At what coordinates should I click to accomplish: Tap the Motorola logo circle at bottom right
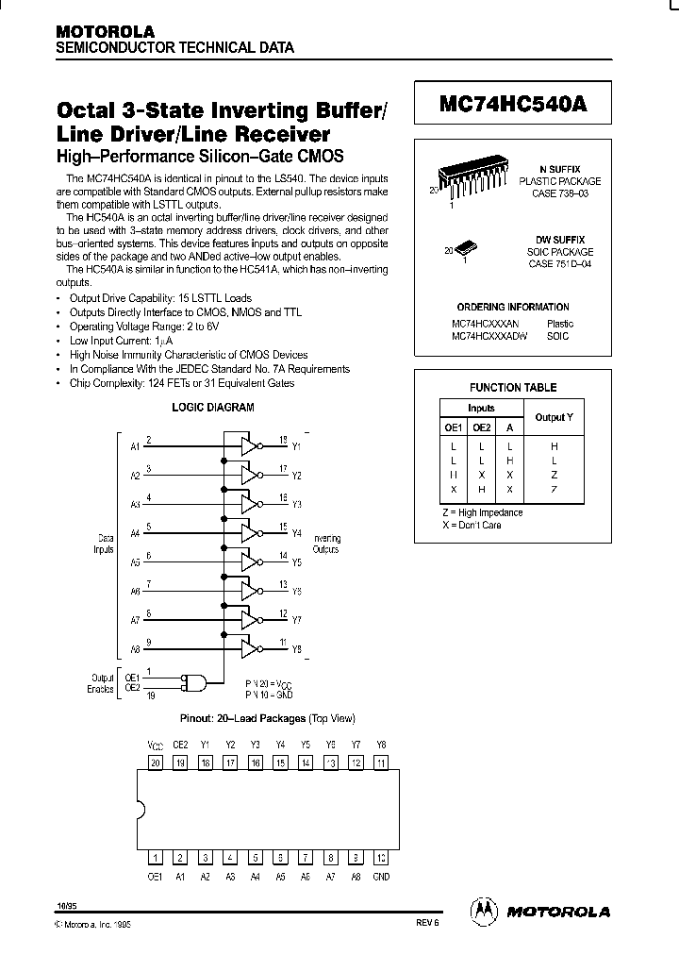(x=483, y=911)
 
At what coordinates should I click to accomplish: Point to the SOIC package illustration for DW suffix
(x=469, y=248)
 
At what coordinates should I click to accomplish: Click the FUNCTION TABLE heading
(x=513, y=387)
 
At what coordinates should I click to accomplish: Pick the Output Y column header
(x=554, y=417)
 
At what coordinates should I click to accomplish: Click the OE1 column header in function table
(x=454, y=427)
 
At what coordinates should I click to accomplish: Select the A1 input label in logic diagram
(x=135, y=446)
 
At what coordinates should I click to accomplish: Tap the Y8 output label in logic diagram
(x=296, y=649)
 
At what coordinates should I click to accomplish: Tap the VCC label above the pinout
(x=156, y=744)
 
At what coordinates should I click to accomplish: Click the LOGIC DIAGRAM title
(x=212, y=408)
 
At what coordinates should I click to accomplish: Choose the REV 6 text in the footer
(x=426, y=925)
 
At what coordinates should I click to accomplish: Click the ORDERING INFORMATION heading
(x=512, y=307)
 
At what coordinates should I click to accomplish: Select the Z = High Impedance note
(x=483, y=512)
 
